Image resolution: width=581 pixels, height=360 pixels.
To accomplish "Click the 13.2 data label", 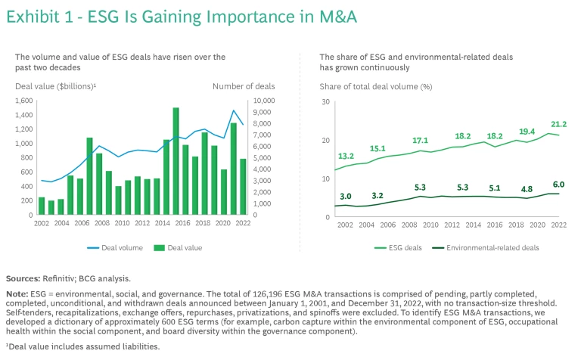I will tap(345, 157).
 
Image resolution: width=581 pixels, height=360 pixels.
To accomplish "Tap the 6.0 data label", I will tap(559, 184).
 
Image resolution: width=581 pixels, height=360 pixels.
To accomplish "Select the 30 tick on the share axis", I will tap(325, 101).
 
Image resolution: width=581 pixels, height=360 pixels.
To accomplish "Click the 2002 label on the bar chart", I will tap(41, 224).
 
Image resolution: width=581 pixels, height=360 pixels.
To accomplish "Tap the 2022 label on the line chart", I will tap(559, 225).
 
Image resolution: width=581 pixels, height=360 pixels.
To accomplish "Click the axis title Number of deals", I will tap(244, 86).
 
